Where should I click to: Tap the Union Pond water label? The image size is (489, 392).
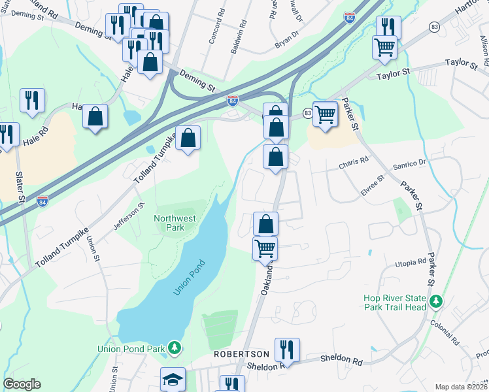(x=189, y=278)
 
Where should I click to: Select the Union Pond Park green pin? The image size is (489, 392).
(x=175, y=347)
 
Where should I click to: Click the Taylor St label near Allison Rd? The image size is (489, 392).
(x=462, y=63)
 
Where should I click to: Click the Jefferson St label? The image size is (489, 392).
(x=129, y=216)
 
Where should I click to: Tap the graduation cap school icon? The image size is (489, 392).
(x=173, y=379)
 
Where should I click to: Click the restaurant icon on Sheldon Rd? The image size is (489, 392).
(x=287, y=350)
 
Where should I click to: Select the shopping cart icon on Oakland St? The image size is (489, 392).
(x=265, y=248)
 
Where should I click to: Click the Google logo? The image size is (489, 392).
(x=22, y=384)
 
